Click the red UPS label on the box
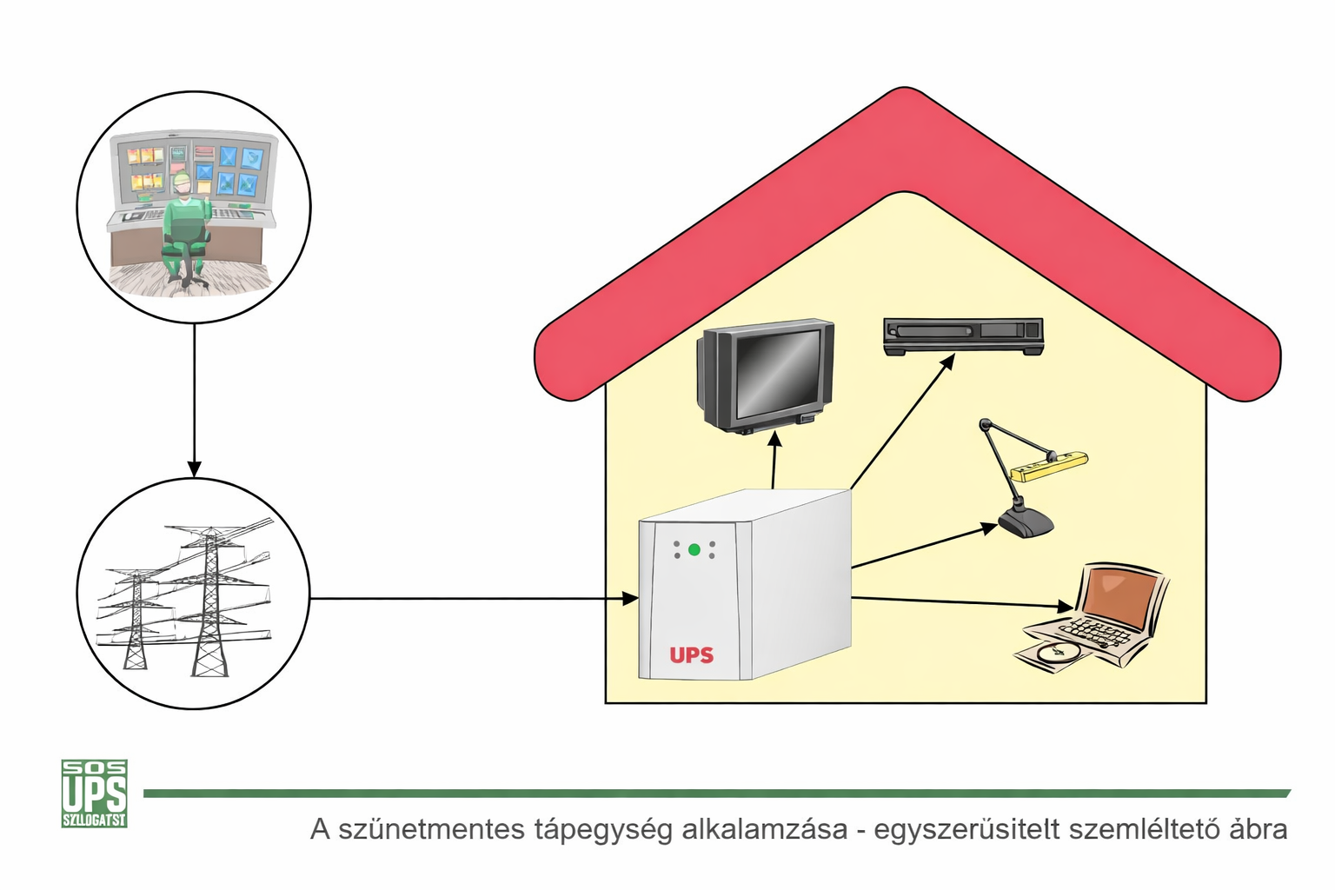[692, 654]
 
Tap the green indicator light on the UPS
[694, 549]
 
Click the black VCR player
[963, 336]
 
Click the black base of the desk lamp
[1026, 522]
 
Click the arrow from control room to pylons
[194, 400]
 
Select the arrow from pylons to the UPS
[469, 598]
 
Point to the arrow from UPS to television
[774, 461]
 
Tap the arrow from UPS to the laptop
[956, 601]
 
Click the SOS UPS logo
[95, 793]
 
